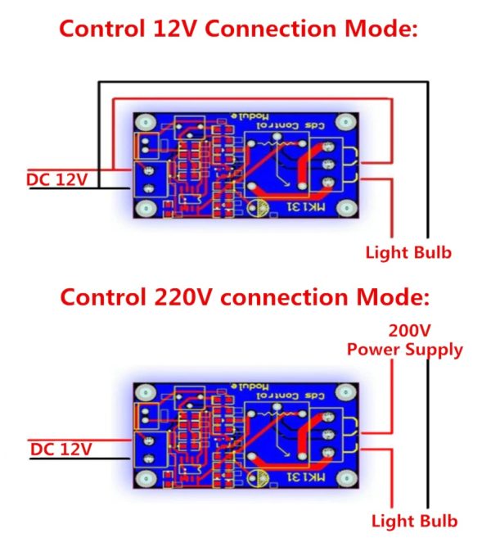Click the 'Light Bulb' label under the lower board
[x=414, y=520]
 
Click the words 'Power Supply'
[x=404, y=350]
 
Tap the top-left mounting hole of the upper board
[x=145, y=123]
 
